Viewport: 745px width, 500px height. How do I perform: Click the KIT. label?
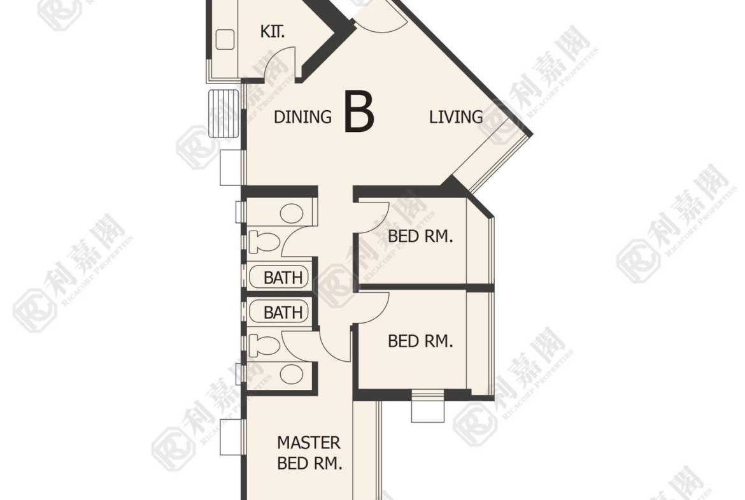coord(273,32)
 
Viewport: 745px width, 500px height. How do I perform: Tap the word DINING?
coord(302,117)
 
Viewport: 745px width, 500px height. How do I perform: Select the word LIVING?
coord(456,117)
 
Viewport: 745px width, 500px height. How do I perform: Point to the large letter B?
coord(359,112)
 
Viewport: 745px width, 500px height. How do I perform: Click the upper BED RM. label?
coord(420,236)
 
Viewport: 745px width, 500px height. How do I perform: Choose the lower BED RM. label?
coord(420,341)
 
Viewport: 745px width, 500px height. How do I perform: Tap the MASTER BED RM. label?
coord(309,453)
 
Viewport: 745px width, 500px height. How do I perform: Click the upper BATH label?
coord(283,278)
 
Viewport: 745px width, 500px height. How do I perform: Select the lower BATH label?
coord(283,313)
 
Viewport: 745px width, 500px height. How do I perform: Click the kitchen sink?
coord(225,39)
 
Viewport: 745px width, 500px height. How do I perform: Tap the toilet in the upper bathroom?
coord(264,241)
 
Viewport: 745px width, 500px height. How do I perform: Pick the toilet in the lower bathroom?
coord(264,345)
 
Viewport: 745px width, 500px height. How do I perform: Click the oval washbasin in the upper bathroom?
coord(292,214)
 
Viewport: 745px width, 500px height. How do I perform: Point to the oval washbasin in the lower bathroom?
coord(292,375)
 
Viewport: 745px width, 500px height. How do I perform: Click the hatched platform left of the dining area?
coord(223,113)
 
